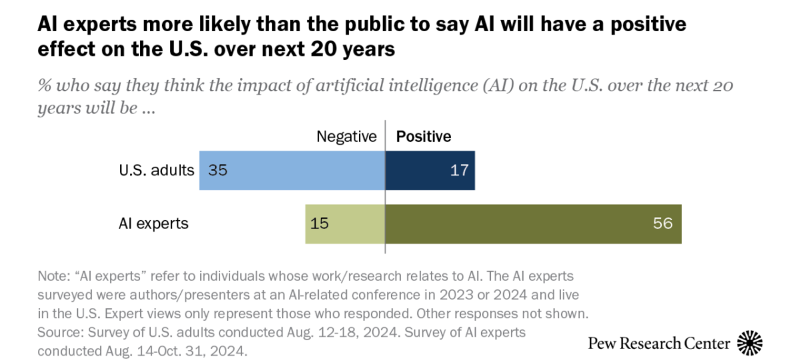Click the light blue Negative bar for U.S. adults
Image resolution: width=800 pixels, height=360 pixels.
pyautogui.click(x=292, y=170)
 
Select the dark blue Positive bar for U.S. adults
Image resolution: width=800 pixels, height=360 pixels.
pyautogui.click(x=430, y=170)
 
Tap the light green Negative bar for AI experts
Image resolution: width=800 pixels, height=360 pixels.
pyautogui.click(x=345, y=224)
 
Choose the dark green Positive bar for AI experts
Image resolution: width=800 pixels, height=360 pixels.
pyautogui.click(x=533, y=224)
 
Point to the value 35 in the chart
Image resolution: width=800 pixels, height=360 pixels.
pyautogui.click(x=218, y=170)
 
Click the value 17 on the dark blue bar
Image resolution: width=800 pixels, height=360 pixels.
pyautogui.click(x=459, y=170)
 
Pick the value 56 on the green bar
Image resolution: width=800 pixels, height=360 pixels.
pyautogui.click(x=662, y=224)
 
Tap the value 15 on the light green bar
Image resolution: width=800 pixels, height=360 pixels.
pyautogui.click(x=319, y=224)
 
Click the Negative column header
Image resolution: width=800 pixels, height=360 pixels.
pyautogui.click(x=346, y=136)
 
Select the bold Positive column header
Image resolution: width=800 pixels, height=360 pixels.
pyautogui.click(x=424, y=136)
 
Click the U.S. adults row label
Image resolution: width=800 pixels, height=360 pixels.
pyautogui.click(x=156, y=170)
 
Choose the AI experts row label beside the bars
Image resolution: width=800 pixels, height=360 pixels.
pyautogui.click(x=153, y=224)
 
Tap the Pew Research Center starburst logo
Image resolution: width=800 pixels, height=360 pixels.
pyautogui.click(x=750, y=344)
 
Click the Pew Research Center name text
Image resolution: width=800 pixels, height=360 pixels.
pyautogui.click(x=659, y=344)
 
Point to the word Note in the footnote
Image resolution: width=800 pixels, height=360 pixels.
pyautogui.click(x=49, y=275)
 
